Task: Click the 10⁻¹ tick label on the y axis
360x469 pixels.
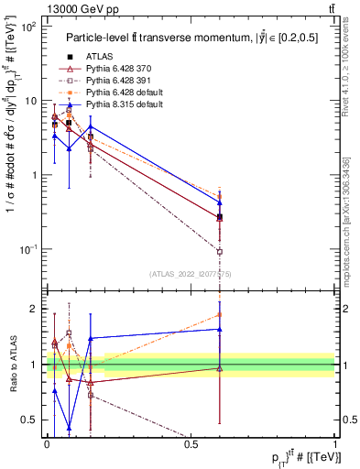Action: point(27,249)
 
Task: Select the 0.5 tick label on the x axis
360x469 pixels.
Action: point(191,443)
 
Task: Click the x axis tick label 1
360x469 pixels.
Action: point(335,443)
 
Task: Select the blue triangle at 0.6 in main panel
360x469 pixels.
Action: point(220,202)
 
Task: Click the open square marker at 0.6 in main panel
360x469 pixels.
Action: point(220,251)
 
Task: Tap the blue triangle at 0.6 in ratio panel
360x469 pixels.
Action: point(220,329)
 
